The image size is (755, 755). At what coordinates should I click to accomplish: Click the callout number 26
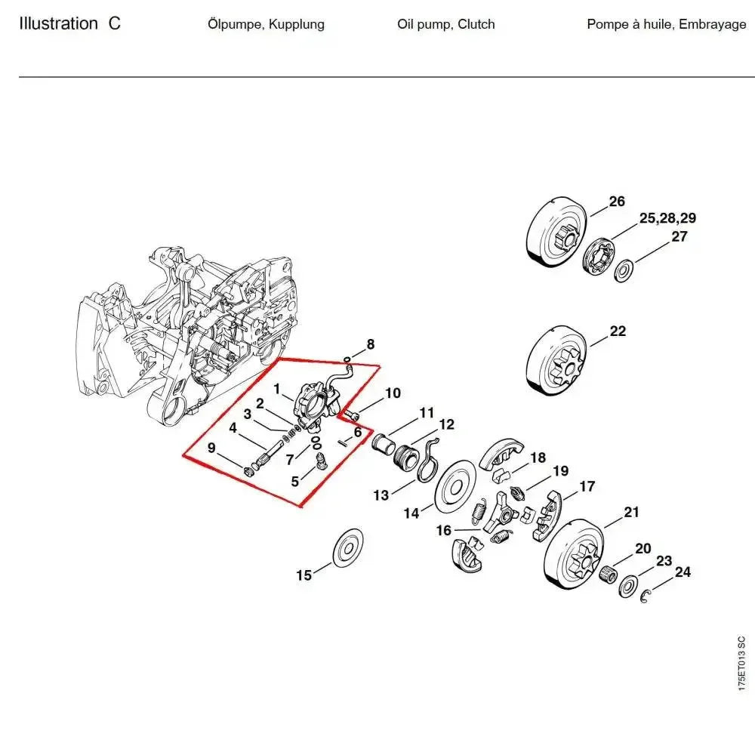click(617, 202)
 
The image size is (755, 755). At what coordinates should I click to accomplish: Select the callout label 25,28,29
click(667, 219)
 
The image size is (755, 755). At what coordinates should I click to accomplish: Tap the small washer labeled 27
click(624, 270)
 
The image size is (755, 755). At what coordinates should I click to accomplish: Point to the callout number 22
click(618, 331)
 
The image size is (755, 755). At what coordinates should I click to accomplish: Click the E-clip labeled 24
click(646, 598)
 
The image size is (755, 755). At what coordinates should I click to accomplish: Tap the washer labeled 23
click(627, 586)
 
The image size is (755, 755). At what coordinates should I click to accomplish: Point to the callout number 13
click(381, 495)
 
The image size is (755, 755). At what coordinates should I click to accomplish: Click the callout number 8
click(370, 345)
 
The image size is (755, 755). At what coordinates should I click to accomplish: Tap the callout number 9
click(211, 448)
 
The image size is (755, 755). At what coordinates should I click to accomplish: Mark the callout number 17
click(587, 487)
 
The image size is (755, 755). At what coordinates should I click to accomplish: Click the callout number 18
click(538, 458)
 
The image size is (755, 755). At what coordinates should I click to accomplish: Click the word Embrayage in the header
click(712, 24)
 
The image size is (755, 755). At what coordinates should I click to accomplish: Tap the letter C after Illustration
click(114, 23)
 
